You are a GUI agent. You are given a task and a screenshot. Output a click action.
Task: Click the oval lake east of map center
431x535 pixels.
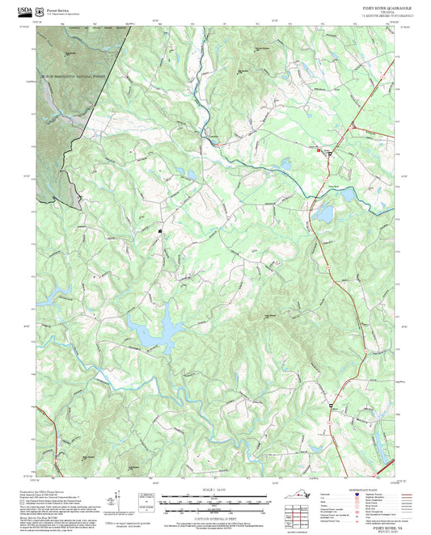coord(324,214)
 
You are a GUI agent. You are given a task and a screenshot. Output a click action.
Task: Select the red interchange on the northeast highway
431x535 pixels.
coord(353,128)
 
